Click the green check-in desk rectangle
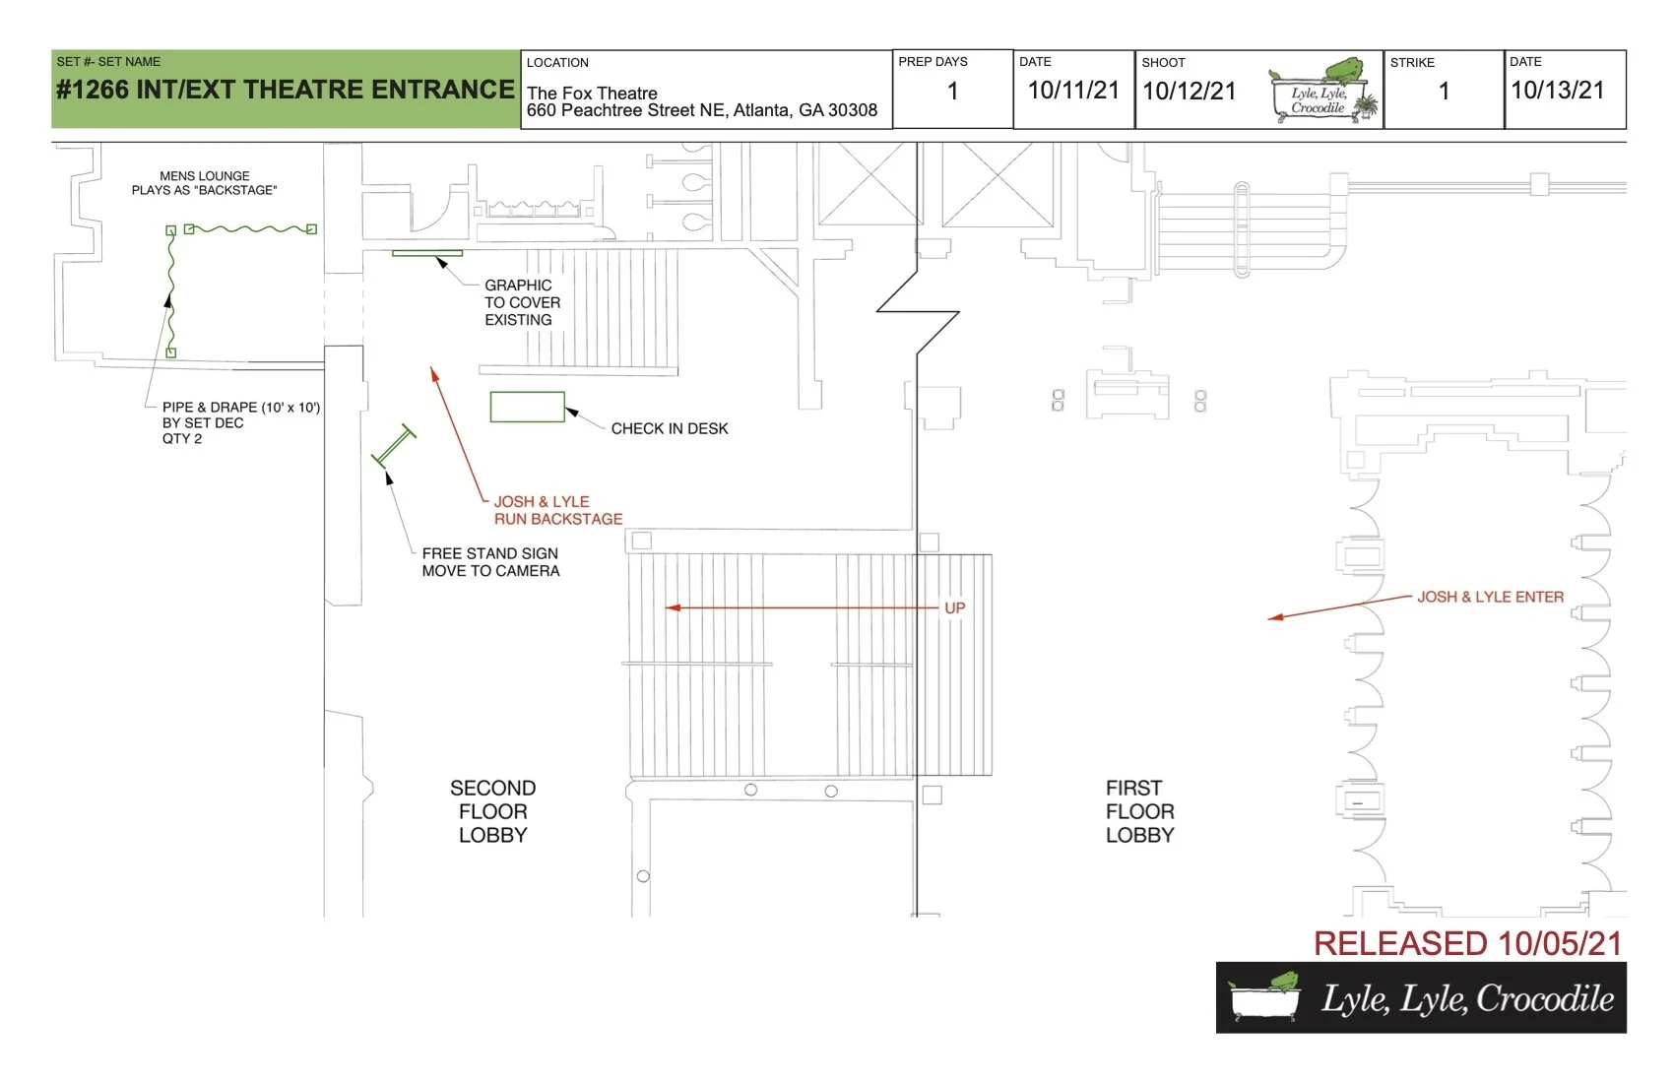527,407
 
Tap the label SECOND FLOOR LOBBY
492,811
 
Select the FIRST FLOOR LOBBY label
1139,811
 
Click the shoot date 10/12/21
1189,92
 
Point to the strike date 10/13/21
1557,91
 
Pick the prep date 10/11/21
1073,91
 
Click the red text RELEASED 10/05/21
1467,943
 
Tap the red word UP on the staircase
954,608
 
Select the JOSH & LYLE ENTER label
1490,597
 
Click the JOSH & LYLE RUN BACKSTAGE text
557,510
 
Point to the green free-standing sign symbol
394,446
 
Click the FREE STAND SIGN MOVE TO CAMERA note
490,562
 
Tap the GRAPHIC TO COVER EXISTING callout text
522,302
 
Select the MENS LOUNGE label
205,176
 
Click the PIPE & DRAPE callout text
240,422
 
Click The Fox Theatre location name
592,94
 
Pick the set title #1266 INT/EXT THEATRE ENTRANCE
286,90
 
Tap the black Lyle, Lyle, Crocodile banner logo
1421,998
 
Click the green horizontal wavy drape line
250,229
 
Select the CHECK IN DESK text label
670,428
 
